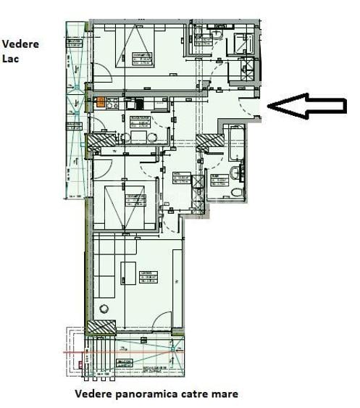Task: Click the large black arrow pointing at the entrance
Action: [x=306, y=106]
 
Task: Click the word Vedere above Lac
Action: [x=20, y=44]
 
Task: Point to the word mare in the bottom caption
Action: [x=225, y=394]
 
